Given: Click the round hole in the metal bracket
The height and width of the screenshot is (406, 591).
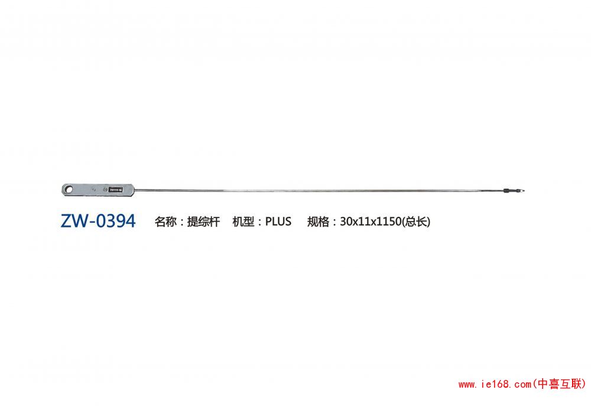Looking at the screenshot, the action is pos(69,189).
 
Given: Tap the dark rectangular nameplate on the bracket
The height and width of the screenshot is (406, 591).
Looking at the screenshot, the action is pos(115,190).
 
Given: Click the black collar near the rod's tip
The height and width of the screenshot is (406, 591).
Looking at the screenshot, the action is pos(507,191).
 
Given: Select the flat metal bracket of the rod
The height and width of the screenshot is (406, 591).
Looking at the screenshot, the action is pos(98,190).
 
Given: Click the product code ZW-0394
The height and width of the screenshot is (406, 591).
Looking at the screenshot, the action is pos(98,221).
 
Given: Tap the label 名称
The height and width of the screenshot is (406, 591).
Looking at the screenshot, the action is pos(165,222).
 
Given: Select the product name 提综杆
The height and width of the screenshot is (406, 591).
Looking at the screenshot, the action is pos(203,222).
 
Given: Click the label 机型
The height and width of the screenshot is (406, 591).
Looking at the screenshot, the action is pos(243,222).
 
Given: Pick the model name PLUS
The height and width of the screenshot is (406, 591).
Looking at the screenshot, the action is pos(278,221).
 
